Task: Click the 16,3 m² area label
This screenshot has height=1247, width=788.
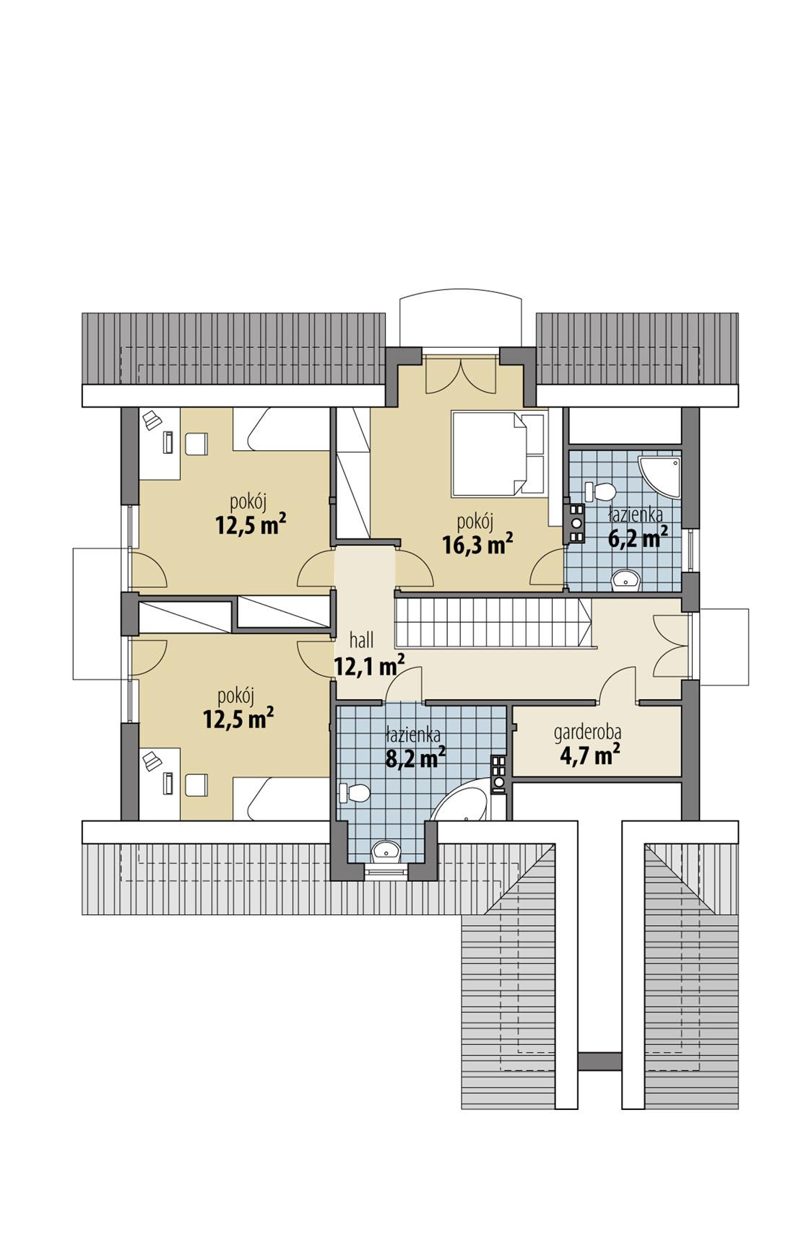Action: (477, 543)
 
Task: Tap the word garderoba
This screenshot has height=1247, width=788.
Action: (587, 732)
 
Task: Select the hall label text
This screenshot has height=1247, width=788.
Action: (361, 640)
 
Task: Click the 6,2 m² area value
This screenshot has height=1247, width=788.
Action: (636, 537)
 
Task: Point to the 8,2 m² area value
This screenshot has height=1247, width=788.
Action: (414, 758)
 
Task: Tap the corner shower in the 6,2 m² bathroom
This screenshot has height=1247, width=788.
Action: (662, 476)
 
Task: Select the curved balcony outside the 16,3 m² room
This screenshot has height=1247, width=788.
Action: (460, 320)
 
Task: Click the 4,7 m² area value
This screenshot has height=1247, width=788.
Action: (590, 756)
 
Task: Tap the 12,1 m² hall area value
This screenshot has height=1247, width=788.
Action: (368, 665)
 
